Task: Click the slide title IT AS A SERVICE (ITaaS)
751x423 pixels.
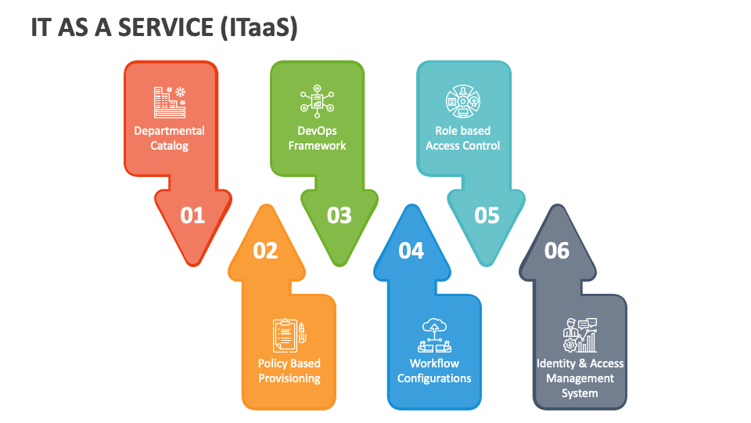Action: pos(164,27)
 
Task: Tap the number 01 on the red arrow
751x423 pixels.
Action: pos(192,215)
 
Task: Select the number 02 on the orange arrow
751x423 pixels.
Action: pos(265,251)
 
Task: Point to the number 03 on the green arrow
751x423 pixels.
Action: pos(339,215)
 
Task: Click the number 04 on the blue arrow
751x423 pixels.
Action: pos(411,251)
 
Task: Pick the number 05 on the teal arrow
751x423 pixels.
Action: pos(487,215)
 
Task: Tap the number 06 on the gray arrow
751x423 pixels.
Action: pos(557,251)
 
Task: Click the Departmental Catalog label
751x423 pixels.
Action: pos(169,138)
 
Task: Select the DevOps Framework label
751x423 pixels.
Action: pos(317,138)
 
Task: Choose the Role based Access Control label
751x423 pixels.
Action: pos(462,138)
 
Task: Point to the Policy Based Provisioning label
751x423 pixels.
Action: pos(289,371)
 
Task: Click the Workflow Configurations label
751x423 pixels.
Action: pos(434,371)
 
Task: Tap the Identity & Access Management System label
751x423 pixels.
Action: pos(580,378)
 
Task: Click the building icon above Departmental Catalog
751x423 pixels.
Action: pos(170,102)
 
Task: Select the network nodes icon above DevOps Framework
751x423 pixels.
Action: pos(317,101)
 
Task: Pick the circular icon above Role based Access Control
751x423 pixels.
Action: pos(462,101)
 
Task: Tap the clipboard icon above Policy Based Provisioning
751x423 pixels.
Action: pos(289,336)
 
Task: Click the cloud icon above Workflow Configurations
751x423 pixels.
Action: pos(434,336)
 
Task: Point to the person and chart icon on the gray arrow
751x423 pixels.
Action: pos(580,335)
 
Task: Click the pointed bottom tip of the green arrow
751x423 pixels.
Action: pos(340,266)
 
